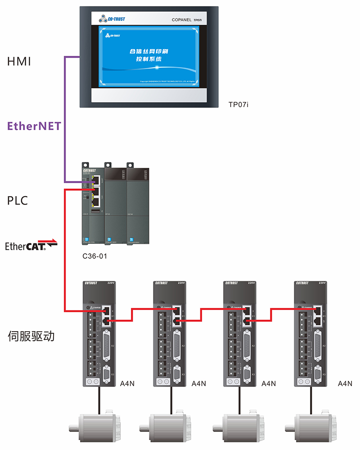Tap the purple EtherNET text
pyautogui.click(x=34, y=126)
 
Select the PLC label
pyautogui.click(x=18, y=200)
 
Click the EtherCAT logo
pyautogui.click(x=31, y=245)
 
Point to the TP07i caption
pyautogui.click(x=238, y=105)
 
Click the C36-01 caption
pyautogui.click(x=96, y=256)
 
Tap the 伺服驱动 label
pyautogui.click(x=31, y=336)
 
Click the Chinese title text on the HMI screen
pyautogui.click(x=148, y=55)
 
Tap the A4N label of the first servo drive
pyautogui.click(x=128, y=383)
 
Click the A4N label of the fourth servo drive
pyautogui.click(x=345, y=383)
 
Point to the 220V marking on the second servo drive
pyautogui.click(x=181, y=283)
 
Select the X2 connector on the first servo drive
pyautogui.click(x=108, y=345)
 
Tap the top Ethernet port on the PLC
pyautogui.click(x=95, y=180)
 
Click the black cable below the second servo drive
pyautogui.click(x=170, y=398)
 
